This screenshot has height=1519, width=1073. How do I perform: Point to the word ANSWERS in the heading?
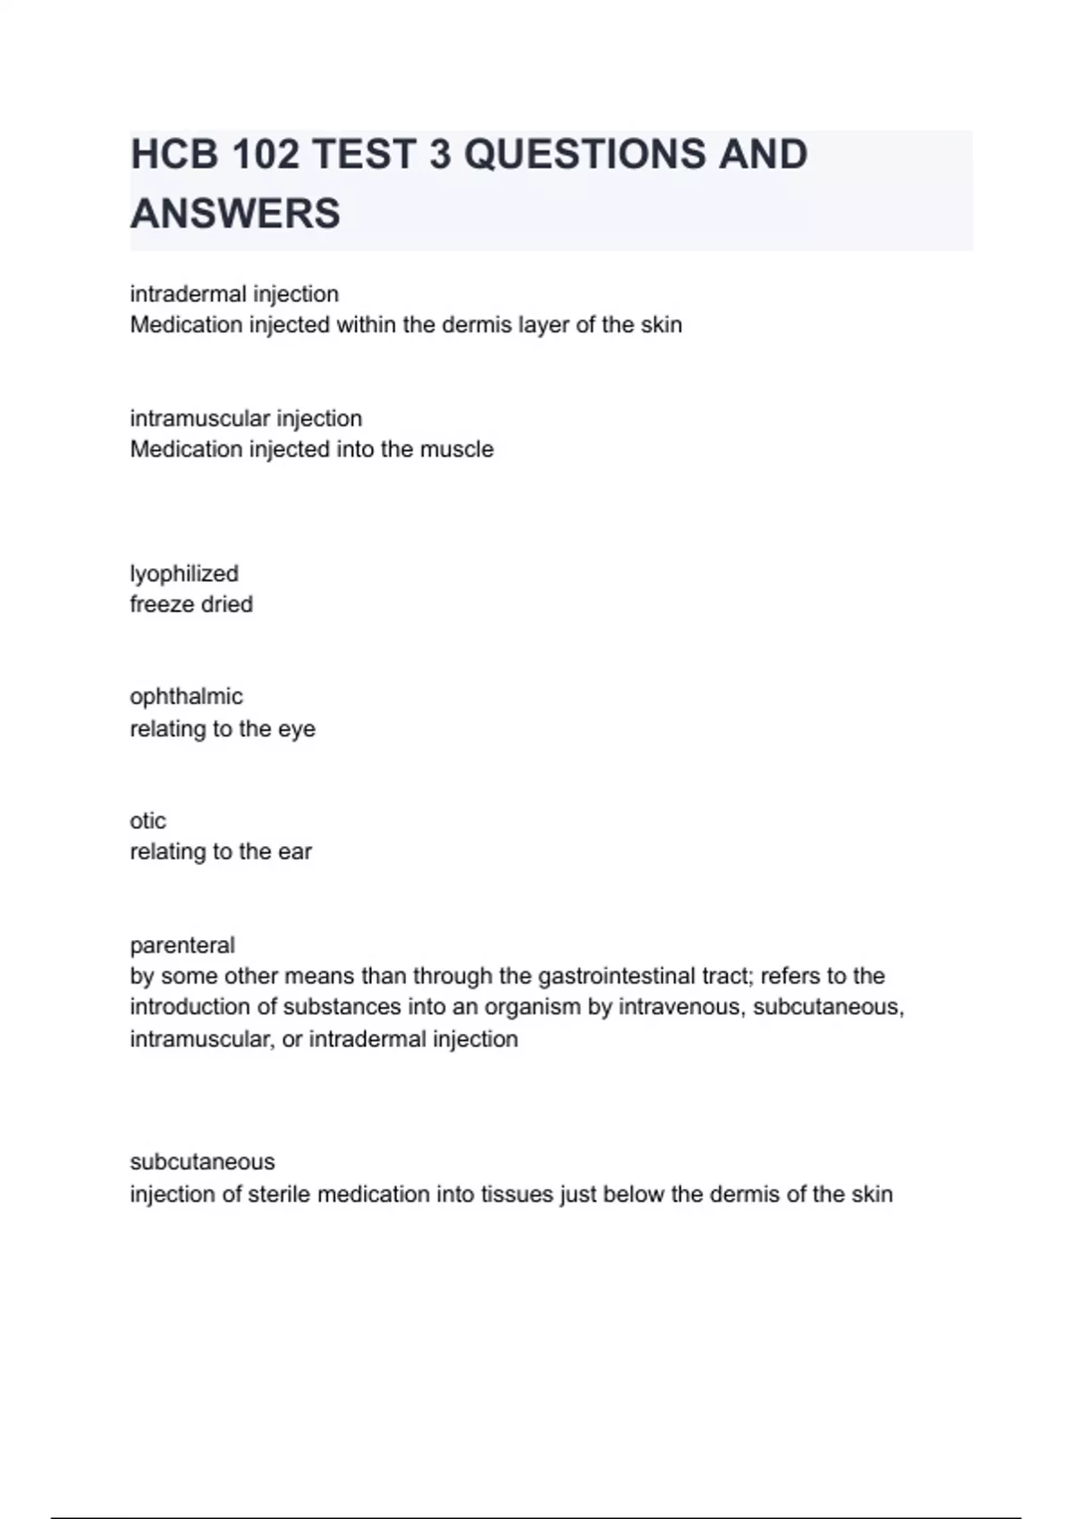[x=235, y=214]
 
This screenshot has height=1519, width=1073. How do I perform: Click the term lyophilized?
[x=184, y=574]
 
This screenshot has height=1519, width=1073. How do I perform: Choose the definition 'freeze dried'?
[x=191, y=605]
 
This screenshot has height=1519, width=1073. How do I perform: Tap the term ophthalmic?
[x=186, y=697]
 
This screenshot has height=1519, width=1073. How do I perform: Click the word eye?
[x=297, y=729]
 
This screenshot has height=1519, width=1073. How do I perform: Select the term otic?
[x=148, y=821]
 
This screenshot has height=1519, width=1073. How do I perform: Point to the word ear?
[x=295, y=852]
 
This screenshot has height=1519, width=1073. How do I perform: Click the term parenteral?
[x=182, y=945]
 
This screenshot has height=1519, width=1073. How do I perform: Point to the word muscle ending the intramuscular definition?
[x=460, y=449]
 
